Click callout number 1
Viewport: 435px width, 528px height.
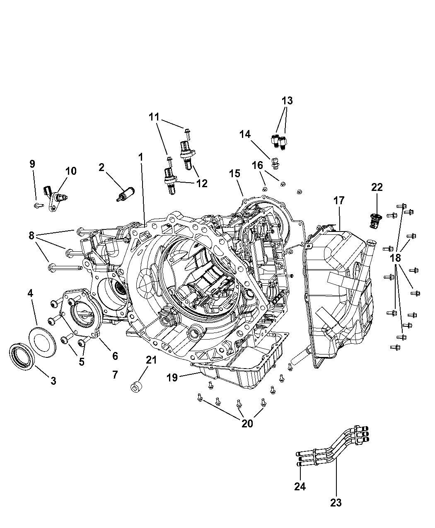(x=141, y=157)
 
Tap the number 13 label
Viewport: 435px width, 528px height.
(x=287, y=101)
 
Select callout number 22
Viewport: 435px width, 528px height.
(x=377, y=187)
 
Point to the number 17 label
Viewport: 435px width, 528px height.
(x=338, y=200)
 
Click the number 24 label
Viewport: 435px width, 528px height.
(x=300, y=487)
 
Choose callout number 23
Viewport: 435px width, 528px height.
(x=336, y=503)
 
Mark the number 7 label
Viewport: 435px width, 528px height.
(x=115, y=375)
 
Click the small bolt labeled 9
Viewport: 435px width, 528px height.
(x=38, y=205)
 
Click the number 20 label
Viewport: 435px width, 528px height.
(x=247, y=423)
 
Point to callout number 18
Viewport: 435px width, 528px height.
(x=396, y=258)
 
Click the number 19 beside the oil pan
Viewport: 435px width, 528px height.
(x=172, y=377)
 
